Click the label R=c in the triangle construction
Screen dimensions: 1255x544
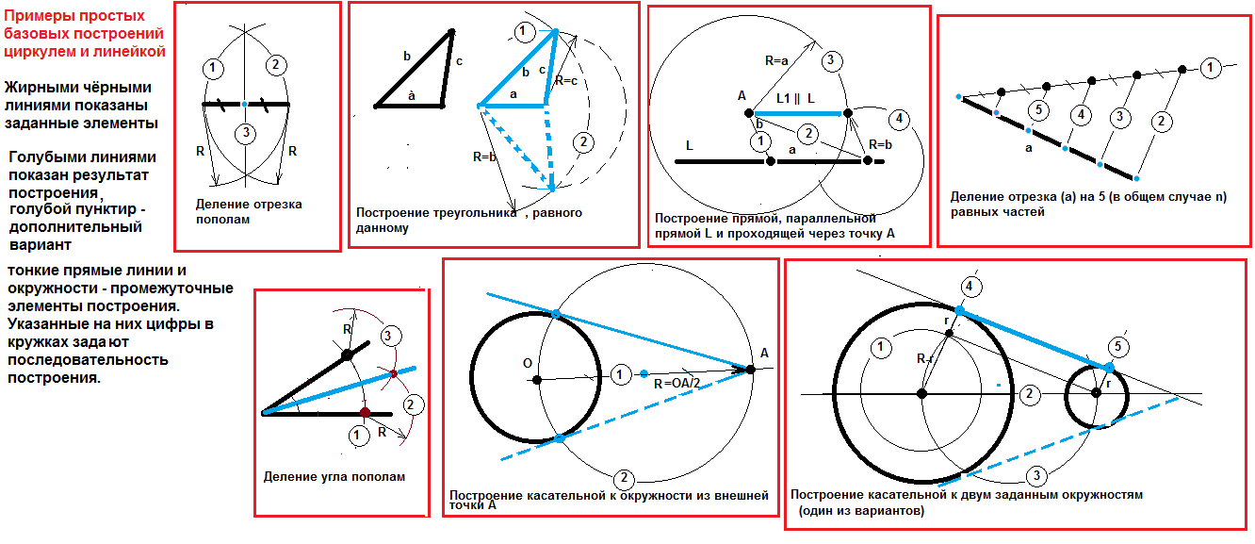point(566,81)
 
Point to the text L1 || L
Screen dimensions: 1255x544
point(795,99)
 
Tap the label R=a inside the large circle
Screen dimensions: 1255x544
point(776,60)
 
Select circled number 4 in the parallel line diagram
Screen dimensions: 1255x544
point(899,119)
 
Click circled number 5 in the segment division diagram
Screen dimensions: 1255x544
point(1038,110)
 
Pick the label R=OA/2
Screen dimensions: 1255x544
point(676,384)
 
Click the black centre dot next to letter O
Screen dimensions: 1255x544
point(537,380)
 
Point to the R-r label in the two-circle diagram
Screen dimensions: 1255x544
point(924,359)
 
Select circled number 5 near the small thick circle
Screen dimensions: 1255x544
point(1117,347)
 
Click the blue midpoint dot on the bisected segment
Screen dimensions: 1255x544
point(244,105)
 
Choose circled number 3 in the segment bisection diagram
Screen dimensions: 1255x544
point(245,134)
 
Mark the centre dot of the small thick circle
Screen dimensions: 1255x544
point(1097,393)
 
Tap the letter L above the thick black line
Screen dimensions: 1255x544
point(690,146)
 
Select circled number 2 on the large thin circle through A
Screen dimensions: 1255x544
point(624,478)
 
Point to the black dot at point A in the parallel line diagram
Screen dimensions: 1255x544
point(749,113)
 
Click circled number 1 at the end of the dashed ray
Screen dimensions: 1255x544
point(1210,68)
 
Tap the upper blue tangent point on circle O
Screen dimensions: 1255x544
point(555,314)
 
